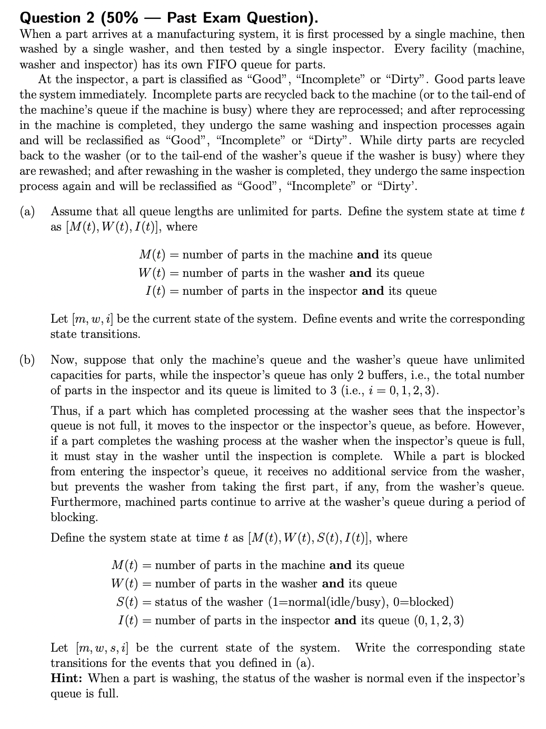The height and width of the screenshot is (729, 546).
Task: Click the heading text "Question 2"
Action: tap(49, 18)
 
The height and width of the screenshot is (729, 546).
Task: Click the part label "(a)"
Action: tap(27, 212)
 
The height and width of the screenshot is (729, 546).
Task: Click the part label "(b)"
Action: tap(27, 360)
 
